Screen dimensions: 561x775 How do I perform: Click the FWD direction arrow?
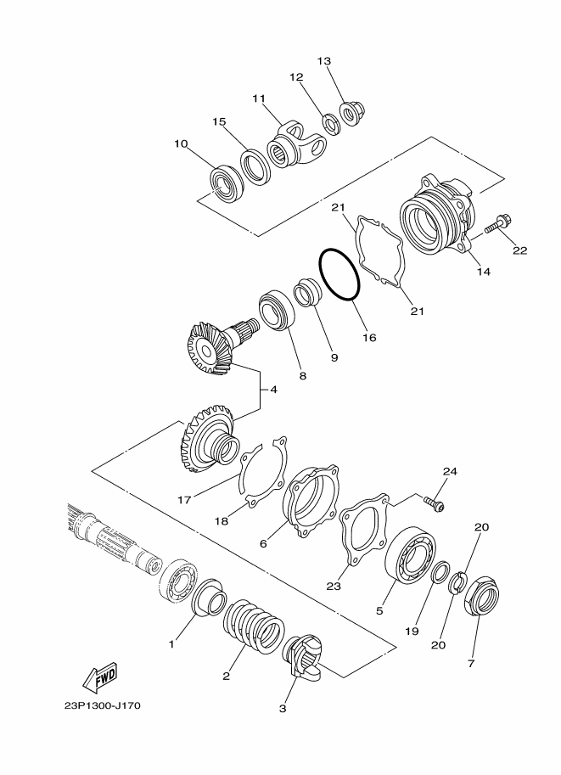point(100,676)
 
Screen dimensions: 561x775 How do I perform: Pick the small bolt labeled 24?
point(434,504)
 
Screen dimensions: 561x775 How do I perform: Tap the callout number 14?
point(483,272)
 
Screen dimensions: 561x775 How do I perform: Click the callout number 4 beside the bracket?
point(273,390)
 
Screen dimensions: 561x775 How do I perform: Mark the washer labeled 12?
point(331,125)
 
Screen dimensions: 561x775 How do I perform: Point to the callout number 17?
point(184,500)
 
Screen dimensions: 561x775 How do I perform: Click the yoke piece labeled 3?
point(302,655)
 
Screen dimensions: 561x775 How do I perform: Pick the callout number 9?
point(334,357)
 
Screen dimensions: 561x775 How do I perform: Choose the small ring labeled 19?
point(440,572)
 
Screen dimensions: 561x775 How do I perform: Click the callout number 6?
point(263,543)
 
